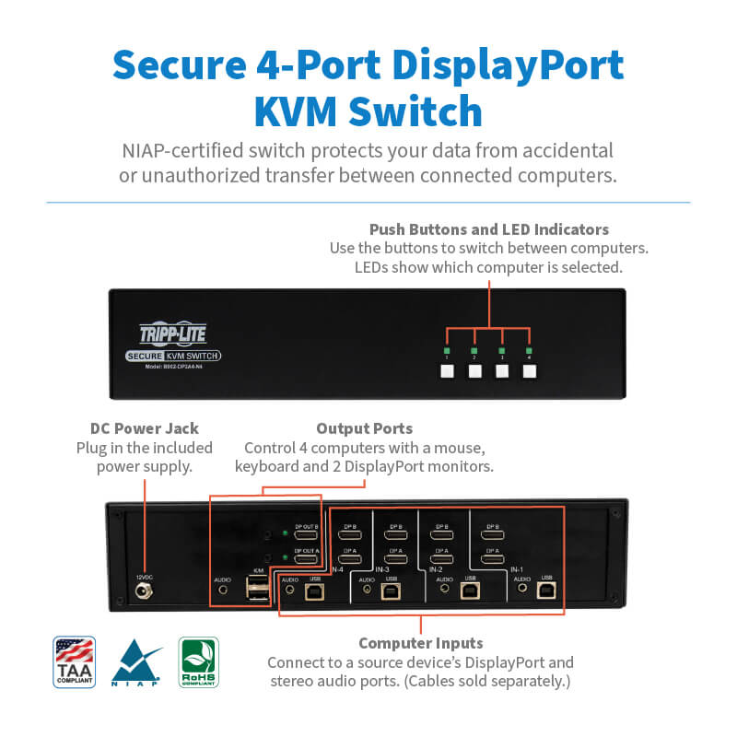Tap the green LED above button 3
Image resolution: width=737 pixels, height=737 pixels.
click(x=502, y=351)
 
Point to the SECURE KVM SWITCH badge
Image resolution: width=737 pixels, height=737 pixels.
click(x=172, y=357)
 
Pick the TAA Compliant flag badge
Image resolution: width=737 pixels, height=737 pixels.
click(x=75, y=662)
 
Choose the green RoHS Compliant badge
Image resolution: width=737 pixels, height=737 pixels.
click(x=198, y=662)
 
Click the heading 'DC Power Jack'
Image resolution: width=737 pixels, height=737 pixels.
click(x=145, y=428)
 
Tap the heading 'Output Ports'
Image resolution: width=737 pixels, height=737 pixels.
click(x=364, y=428)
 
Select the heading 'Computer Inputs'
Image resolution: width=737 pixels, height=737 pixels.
click(x=420, y=643)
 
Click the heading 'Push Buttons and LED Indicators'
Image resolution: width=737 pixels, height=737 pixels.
click(x=489, y=228)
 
